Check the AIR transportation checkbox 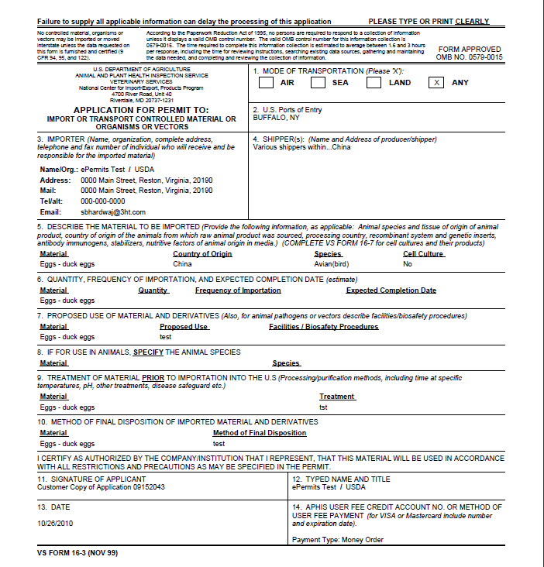click(266, 83)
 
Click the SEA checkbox click(318, 83)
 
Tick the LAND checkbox click(374, 83)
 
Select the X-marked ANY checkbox click(436, 83)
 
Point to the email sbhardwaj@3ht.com click(113, 212)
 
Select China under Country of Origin click(182, 264)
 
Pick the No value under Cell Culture click(408, 264)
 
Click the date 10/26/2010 click(54, 523)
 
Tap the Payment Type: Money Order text click(338, 540)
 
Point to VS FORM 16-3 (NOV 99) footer click(77, 553)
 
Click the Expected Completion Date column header click(391, 290)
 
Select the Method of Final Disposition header click(260, 433)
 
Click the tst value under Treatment click(324, 407)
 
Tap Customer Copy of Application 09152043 click(101, 487)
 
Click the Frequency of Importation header click(238, 290)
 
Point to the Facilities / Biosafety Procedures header click(323, 327)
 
